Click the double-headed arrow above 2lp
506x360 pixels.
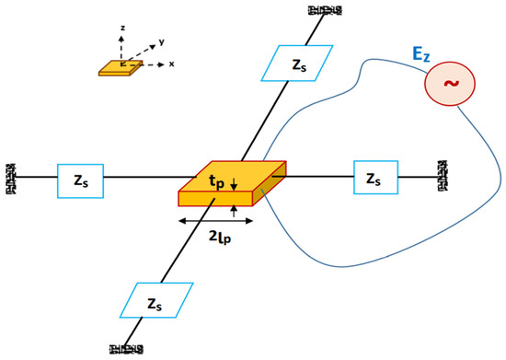[x=211, y=221]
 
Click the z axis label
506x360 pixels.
[x=121, y=29]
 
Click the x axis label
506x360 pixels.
[x=171, y=65]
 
